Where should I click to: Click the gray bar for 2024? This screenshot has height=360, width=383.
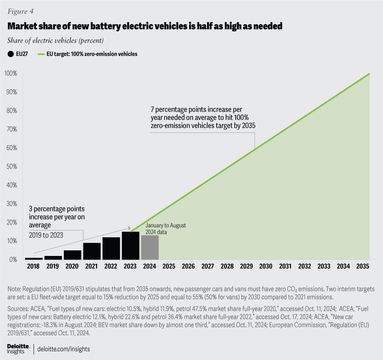click(150, 248)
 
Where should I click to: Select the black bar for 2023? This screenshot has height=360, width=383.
click(130, 246)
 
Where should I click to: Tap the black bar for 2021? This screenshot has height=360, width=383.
click(92, 251)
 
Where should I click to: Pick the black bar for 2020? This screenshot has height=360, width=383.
click(72, 255)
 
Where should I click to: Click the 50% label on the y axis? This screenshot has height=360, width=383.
click(11, 166)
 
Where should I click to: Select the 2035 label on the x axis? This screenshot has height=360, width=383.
click(363, 266)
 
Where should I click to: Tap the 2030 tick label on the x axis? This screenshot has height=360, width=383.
click(266, 266)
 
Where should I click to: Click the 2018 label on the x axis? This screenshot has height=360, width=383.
click(33, 266)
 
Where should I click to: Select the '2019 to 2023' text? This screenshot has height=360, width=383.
click(46, 236)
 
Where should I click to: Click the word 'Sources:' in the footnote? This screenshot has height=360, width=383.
click(19, 309)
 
